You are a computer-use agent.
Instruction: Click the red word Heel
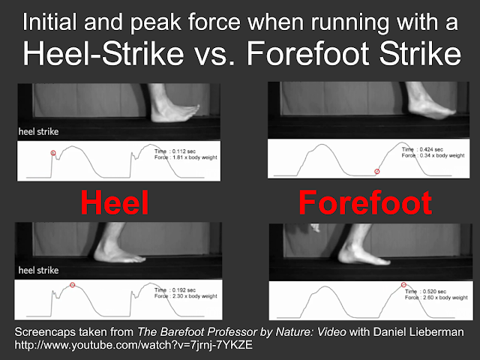[115, 202]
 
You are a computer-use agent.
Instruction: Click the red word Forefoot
[365, 202]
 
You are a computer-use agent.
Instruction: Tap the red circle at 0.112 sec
[53, 153]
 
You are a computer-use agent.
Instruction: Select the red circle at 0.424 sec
[377, 172]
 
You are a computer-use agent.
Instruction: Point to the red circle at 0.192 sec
[72, 285]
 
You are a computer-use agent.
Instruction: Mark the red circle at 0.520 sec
[403, 285]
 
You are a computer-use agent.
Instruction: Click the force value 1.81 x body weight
[195, 157]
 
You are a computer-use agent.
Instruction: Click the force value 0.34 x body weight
[442, 155]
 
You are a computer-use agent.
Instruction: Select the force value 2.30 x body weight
[195, 296]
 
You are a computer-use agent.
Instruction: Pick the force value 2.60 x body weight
[445, 298]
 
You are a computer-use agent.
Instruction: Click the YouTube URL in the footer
[133, 345]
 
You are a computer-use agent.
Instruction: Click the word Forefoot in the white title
[309, 54]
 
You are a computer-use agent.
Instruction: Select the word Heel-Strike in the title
[103, 54]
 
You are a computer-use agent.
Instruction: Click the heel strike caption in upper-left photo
[38, 132]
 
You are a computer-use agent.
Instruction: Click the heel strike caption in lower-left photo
[38, 270]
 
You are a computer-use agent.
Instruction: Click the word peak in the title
[155, 22]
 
